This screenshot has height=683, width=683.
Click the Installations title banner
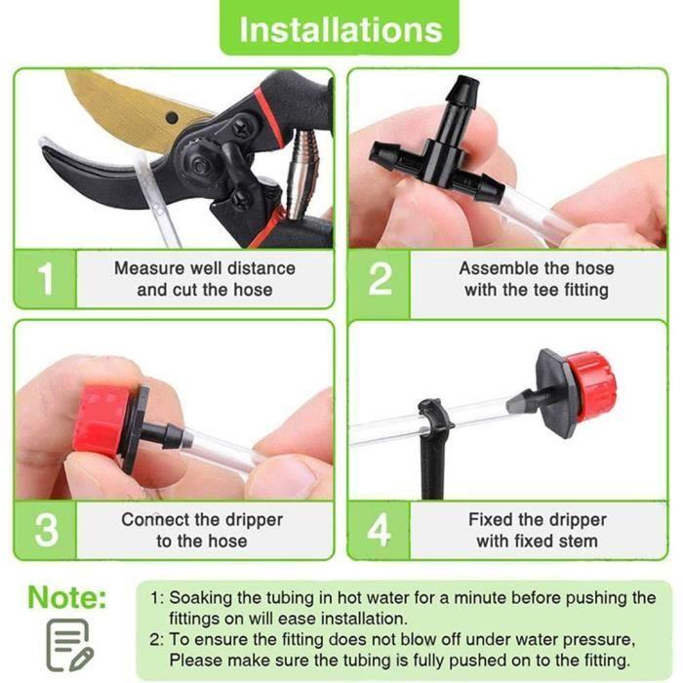point(341,28)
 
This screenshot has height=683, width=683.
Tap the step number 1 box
point(45,279)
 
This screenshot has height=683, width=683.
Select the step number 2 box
point(380,279)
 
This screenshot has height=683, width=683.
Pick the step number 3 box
point(45,529)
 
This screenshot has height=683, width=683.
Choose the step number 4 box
point(380,529)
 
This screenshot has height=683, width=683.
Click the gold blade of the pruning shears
point(127,107)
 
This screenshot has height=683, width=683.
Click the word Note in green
point(66,597)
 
